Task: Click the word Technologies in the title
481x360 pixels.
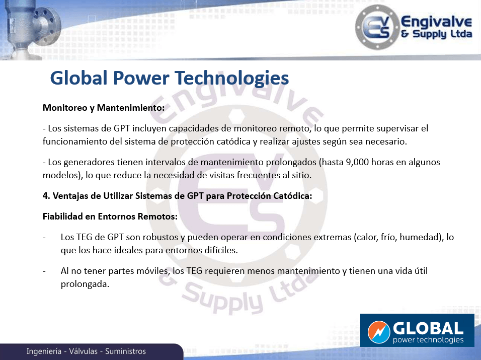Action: click(232, 78)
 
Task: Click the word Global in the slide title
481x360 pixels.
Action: click(79, 78)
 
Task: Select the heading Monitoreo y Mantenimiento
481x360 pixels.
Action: click(104, 108)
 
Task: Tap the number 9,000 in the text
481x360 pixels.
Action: click(357, 162)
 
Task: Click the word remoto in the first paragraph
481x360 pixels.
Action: click(295, 128)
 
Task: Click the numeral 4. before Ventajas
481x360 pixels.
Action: click(46, 196)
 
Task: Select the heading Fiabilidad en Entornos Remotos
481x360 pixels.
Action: click(110, 217)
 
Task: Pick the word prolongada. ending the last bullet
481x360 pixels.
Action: click(85, 284)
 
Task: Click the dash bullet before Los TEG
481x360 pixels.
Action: click(44, 238)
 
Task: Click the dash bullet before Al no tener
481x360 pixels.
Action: click(44, 271)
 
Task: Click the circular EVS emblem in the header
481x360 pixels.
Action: click(377, 27)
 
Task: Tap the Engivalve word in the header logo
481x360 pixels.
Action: click(436, 22)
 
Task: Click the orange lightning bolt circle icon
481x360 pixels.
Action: click(379, 332)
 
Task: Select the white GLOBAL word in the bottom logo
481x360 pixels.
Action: click(428, 328)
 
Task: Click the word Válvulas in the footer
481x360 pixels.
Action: click(83, 351)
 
